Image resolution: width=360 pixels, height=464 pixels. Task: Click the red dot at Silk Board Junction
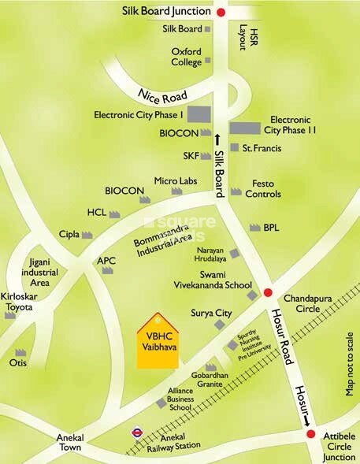(x=221, y=12)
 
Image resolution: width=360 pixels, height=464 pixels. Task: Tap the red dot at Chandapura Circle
(x=268, y=289)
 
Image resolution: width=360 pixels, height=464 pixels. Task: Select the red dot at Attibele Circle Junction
(x=310, y=435)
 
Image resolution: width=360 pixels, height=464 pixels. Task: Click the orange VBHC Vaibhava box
(x=158, y=341)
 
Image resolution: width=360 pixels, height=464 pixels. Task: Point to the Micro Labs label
(x=175, y=181)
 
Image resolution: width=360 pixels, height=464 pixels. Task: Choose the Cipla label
(x=70, y=234)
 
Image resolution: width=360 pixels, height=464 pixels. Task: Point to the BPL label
(x=272, y=227)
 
